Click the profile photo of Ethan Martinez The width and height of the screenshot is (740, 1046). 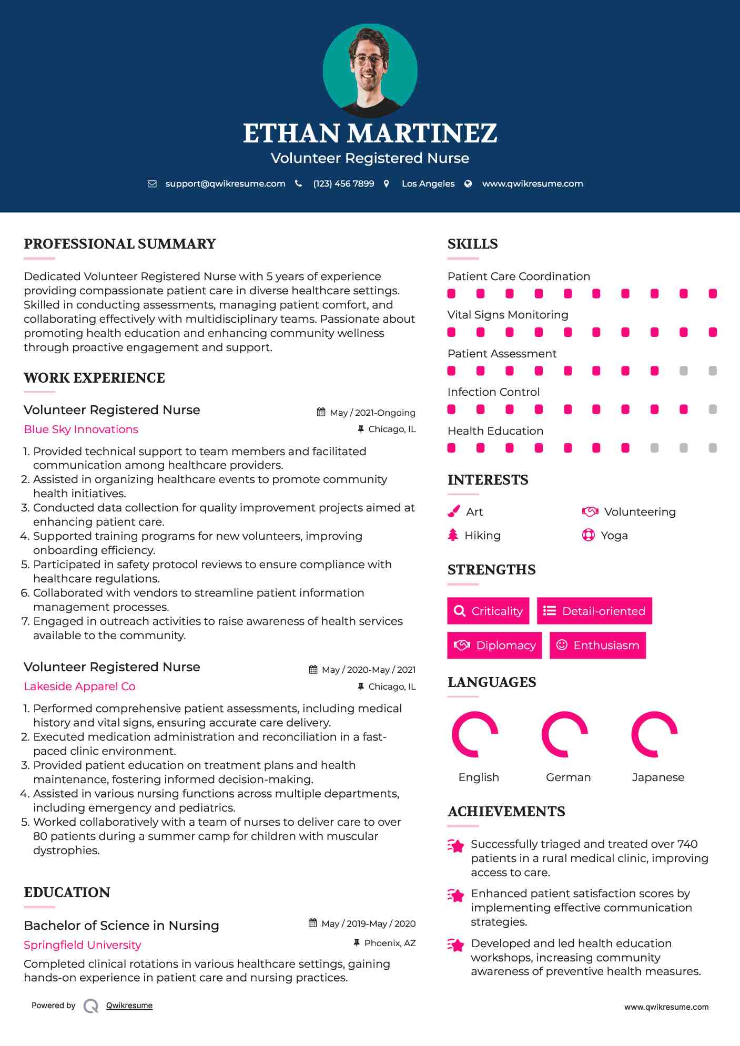370,70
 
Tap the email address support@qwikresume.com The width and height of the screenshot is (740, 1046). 225,183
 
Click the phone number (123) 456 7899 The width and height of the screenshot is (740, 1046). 343,183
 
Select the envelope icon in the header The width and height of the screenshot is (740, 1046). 152,183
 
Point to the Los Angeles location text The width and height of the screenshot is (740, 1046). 428,183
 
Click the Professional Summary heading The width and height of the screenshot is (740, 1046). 120,244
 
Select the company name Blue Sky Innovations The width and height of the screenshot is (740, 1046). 81,429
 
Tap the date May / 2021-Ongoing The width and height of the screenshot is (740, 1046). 372,413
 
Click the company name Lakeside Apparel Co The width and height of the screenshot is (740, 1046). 79,686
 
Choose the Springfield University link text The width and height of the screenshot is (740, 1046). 83,945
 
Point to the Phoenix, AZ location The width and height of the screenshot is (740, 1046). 390,943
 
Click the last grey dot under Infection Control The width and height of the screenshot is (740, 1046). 713,409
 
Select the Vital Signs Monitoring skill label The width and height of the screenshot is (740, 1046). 508,315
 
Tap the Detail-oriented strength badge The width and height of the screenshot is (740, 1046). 594,611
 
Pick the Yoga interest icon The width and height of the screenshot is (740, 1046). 588,535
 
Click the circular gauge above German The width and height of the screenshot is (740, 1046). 565,734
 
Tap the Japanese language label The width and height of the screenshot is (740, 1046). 658,777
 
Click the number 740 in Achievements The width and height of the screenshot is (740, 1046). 687,844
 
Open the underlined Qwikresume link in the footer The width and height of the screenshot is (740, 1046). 129,1006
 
